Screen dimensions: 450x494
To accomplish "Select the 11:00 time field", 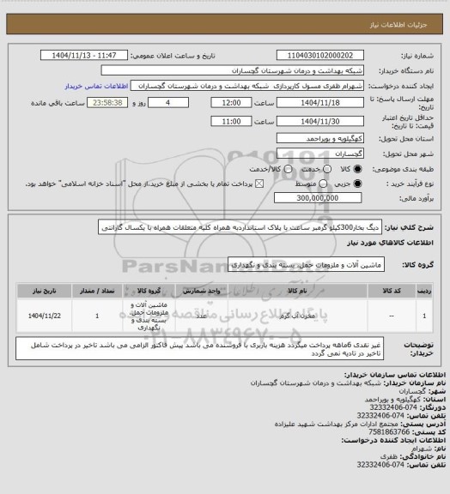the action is click(231, 121).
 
